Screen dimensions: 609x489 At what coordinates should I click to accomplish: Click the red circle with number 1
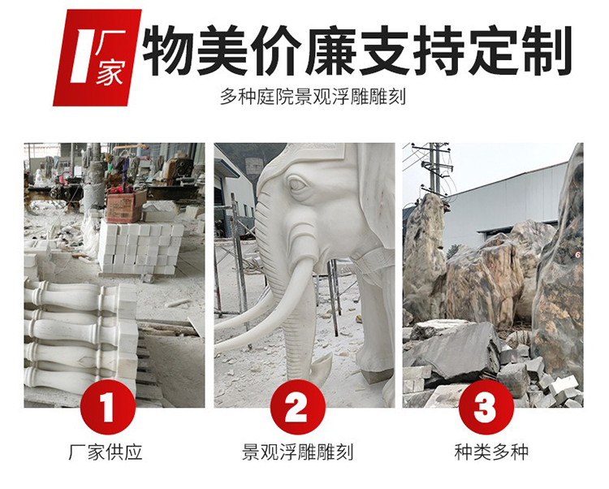coord(107,407)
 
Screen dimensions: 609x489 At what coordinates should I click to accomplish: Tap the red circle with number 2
coord(297,407)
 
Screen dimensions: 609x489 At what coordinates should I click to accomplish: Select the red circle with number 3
coord(486,407)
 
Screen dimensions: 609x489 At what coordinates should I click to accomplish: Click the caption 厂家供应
coord(106,452)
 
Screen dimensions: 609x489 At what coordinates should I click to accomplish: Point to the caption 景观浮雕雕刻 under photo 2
coord(297,452)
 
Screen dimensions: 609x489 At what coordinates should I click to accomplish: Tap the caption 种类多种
coord(491,452)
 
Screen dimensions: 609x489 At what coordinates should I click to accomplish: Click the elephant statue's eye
coord(297,184)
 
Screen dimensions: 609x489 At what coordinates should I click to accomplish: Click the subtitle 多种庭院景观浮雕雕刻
coord(313,97)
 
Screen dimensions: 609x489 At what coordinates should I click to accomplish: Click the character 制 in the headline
coord(547,50)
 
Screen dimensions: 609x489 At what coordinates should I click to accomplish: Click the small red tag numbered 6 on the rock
coord(577,255)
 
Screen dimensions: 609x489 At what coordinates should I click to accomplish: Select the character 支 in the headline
coord(384,50)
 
